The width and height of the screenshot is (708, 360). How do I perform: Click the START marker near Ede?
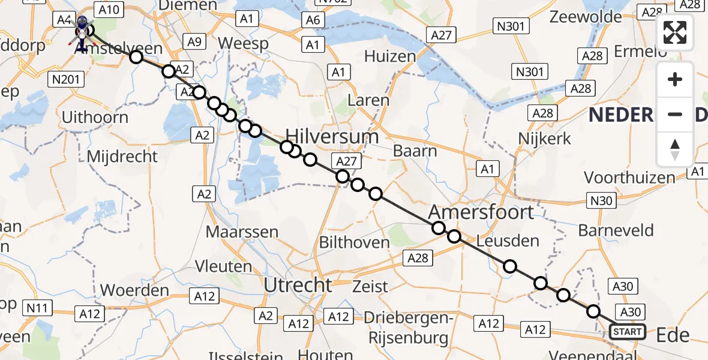point(628,331)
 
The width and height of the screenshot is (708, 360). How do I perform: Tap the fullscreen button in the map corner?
point(675,32)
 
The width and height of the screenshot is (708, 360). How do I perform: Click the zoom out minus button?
point(675,114)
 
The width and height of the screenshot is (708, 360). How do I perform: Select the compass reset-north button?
point(675,149)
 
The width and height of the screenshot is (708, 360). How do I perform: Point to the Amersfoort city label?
point(481,212)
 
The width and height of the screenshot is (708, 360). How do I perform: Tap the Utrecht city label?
point(298,285)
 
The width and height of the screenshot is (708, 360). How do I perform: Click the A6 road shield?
point(313,20)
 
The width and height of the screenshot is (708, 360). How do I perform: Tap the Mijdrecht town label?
point(122,157)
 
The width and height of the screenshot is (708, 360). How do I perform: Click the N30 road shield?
point(602,200)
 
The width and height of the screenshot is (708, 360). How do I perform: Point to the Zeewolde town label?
point(586,16)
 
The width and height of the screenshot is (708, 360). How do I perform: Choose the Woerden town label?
point(134,290)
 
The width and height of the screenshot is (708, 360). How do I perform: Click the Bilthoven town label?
point(355,242)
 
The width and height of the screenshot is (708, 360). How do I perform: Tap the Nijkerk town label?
point(544,139)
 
